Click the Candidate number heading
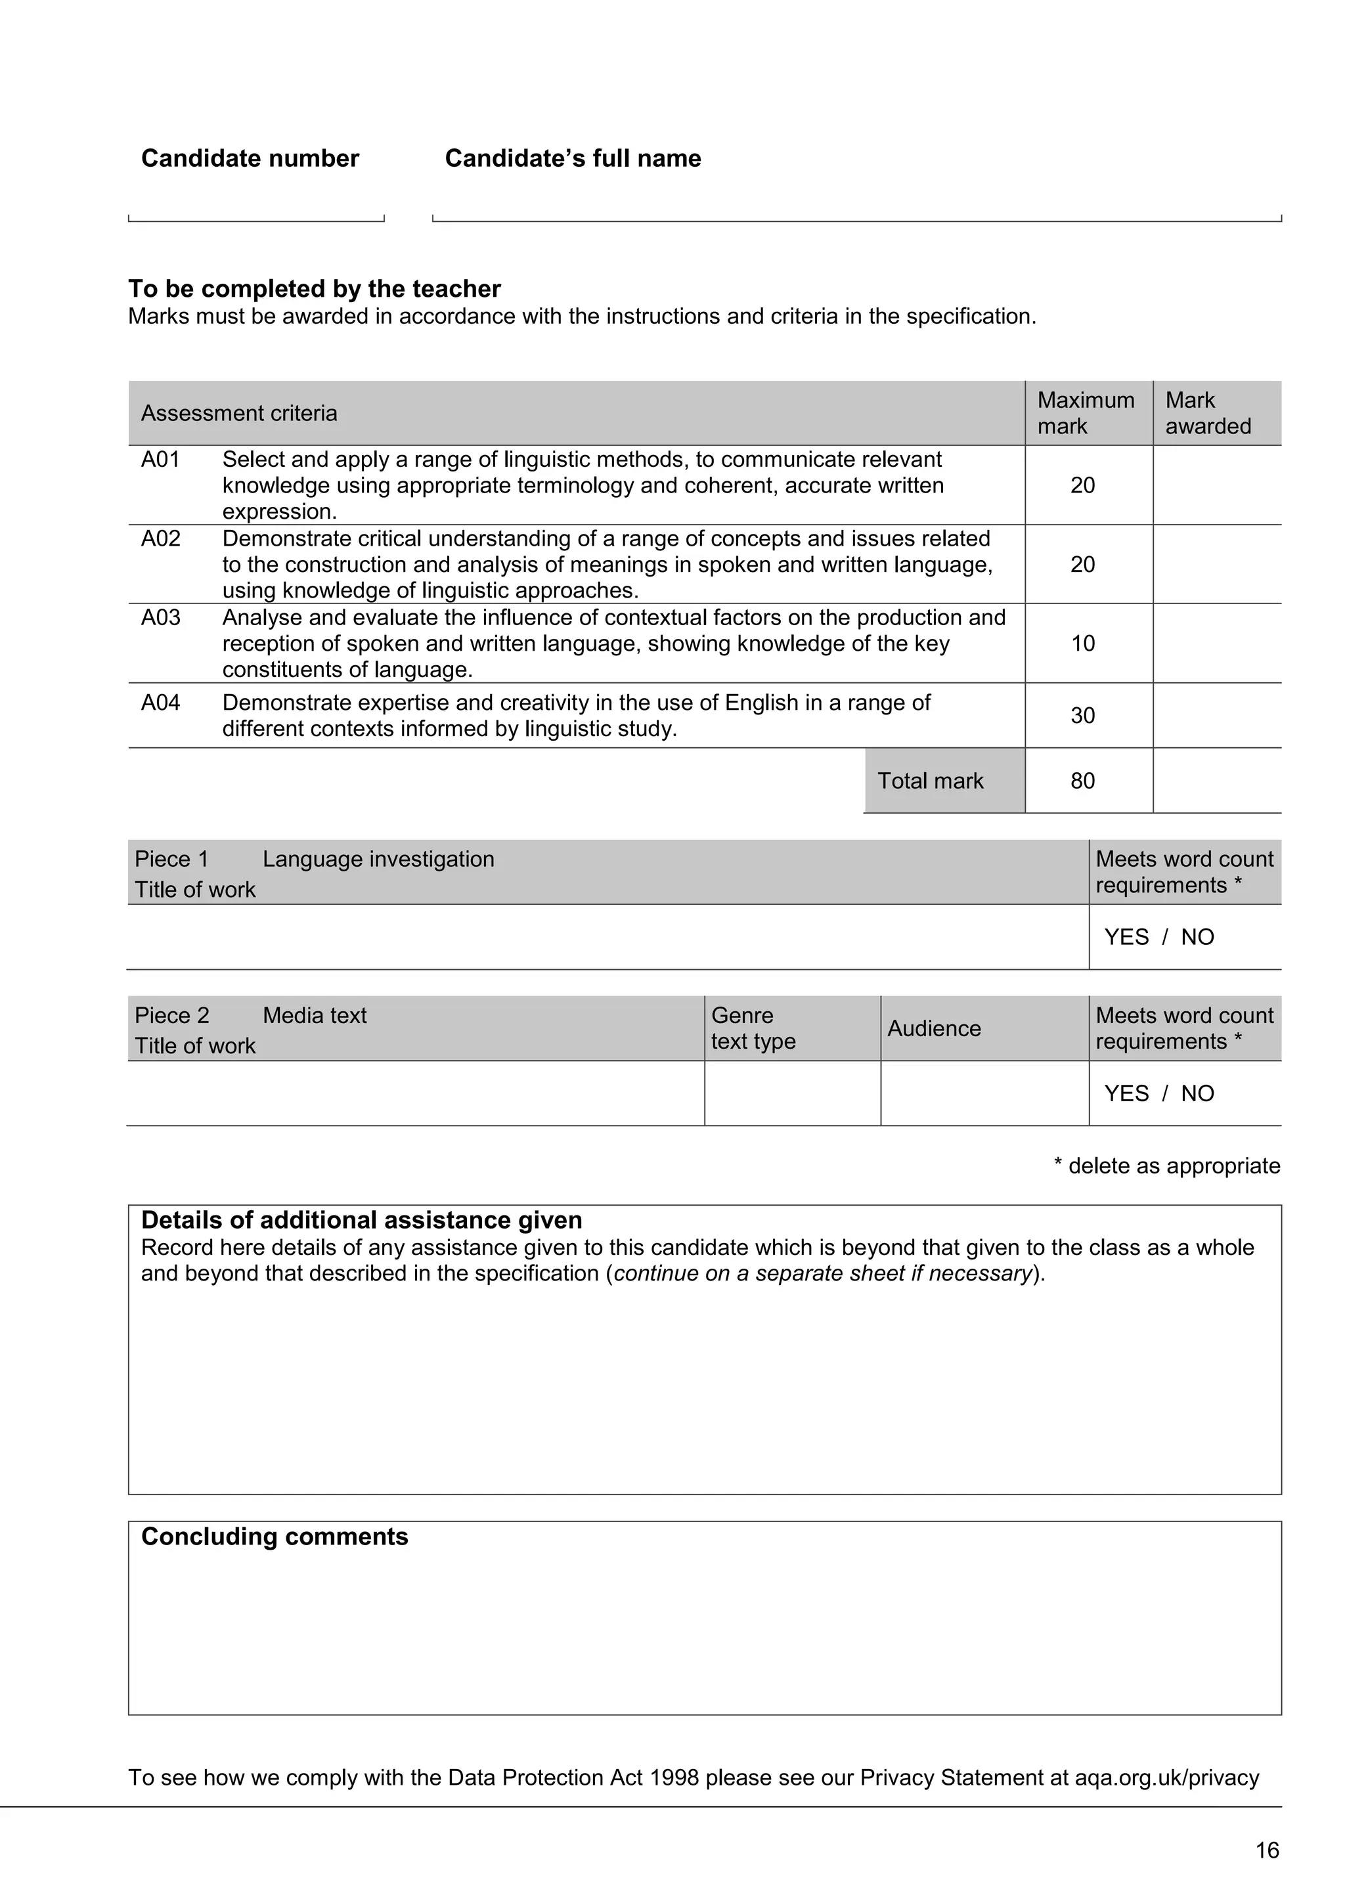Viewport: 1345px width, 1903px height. [x=250, y=158]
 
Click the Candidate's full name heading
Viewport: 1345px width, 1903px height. [x=573, y=158]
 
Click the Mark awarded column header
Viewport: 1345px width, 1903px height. [x=1208, y=413]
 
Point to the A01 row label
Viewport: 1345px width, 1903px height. [x=160, y=459]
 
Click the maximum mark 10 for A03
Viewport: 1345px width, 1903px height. [x=1082, y=643]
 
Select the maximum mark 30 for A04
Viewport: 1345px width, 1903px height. [x=1082, y=715]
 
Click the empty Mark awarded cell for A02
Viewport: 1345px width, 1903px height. [x=1216, y=565]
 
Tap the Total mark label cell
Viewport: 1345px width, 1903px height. [x=930, y=781]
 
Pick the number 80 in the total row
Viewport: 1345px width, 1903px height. [x=1082, y=781]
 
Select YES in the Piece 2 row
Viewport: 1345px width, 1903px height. [x=1126, y=1093]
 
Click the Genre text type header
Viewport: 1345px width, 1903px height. [x=753, y=1028]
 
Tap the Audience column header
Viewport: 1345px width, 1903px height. [x=934, y=1028]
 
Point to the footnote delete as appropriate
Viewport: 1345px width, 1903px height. [x=1167, y=1166]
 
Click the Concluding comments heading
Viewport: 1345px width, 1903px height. [x=275, y=1536]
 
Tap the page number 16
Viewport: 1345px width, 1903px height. [x=1266, y=1850]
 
